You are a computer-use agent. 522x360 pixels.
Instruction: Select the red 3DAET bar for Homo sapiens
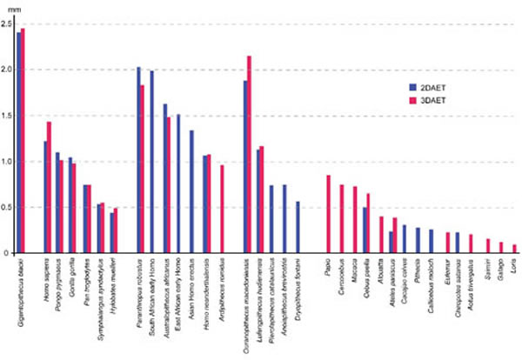pyautogui.click(x=49, y=187)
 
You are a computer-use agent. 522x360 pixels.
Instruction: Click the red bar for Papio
pyautogui.click(x=328, y=214)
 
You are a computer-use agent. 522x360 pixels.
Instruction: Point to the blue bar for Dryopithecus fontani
pyautogui.click(x=297, y=227)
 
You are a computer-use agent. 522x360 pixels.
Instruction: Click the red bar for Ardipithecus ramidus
pyautogui.click(x=223, y=209)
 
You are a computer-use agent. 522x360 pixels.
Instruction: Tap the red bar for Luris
pyautogui.click(x=514, y=249)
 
